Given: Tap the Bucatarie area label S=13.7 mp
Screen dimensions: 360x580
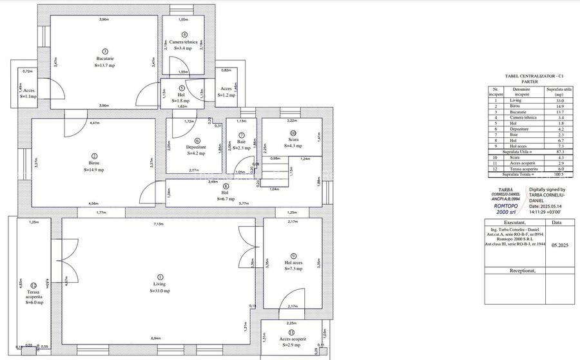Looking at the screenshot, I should tap(104, 66).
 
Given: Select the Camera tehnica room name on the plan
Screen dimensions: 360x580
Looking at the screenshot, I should tap(183, 41).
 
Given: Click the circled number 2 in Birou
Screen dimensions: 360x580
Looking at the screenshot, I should tap(94, 155).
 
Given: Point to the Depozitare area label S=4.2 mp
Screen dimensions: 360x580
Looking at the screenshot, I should tap(196, 154).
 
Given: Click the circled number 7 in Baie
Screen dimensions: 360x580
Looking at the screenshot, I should tap(241, 135).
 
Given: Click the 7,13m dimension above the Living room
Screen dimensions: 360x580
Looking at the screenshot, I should tap(157, 224).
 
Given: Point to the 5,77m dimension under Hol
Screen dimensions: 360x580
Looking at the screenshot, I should tap(244, 204).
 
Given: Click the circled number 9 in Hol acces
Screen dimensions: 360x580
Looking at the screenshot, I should tap(293, 255).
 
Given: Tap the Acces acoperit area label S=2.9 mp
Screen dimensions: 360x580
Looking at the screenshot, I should tap(293, 346).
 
